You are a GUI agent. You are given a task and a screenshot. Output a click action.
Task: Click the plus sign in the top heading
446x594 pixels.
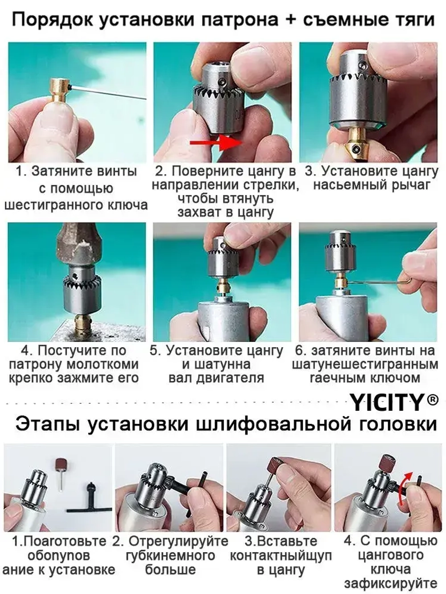tap(290, 19)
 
